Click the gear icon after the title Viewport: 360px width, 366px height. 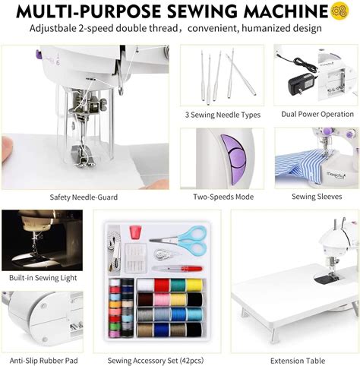(339, 11)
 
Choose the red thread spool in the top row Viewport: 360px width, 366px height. (160, 286)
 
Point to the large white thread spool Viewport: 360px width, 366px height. (144, 286)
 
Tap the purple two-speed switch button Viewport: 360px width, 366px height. (232, 156)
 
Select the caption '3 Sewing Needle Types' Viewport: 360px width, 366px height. (223, 115)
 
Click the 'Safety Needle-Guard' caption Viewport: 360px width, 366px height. (84, 197)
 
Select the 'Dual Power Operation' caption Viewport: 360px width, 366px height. (317, 115)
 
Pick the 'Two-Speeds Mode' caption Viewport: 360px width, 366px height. (223, 197)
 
